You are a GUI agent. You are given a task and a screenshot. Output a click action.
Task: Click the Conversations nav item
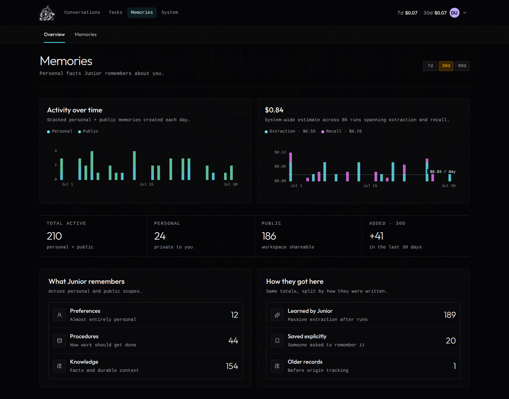pos(82,12)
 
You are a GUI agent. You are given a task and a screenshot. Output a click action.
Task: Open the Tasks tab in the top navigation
pos(116,12)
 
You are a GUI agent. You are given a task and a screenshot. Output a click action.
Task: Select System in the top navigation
pos(170,12)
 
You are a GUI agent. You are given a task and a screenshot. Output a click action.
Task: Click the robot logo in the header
pos(47,13)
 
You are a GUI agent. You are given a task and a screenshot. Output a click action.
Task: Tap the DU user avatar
pos(455,13)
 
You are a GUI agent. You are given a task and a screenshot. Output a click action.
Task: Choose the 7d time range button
pos(430,66)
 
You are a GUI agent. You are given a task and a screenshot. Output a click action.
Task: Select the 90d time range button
pos(462,66)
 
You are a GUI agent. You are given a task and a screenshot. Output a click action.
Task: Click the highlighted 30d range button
pos(446,66)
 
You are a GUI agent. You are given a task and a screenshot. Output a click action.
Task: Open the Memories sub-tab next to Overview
pos(86,34)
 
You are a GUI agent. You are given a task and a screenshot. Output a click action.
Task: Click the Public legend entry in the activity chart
pos(88,131)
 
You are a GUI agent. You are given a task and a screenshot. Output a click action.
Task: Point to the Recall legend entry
pos(341,131)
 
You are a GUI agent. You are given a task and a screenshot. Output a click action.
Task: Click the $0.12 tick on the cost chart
pos(280,152)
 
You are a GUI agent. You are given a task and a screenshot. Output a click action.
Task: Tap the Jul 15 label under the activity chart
pos(146,184)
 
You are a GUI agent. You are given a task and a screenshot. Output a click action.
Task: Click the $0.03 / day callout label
pos(443,172)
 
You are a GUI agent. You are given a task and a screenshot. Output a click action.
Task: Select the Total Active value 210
pos(54,236)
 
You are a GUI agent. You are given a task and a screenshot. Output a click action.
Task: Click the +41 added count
pos(376,236)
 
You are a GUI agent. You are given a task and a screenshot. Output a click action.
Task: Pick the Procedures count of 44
pos(233,341)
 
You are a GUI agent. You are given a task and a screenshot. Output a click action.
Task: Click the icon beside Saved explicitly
pos(277,340)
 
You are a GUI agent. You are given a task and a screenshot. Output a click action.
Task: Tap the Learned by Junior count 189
pos(450,315)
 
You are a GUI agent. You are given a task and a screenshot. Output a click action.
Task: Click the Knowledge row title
pos(84,362)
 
